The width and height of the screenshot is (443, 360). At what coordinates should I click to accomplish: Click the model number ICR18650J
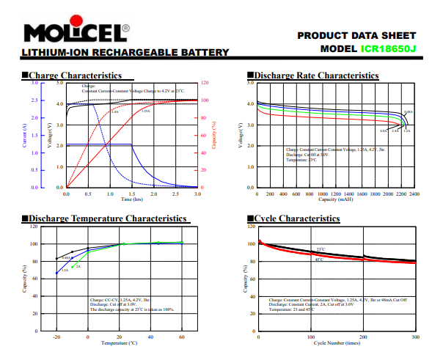click(x=389, y=49)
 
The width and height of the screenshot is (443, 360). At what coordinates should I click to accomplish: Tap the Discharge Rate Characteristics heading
click(x=316, y=76)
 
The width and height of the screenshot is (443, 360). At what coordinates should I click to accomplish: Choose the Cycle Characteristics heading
click(x=296, y=218)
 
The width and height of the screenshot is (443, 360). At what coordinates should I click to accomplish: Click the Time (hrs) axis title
click(x=132, y=199)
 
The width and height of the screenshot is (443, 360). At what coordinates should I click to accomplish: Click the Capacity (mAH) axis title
click(x=336, y=199)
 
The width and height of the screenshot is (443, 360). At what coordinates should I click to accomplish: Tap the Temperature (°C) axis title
click(x=119, y=342)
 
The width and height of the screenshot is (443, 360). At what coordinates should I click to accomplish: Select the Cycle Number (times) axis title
click(x=337, y=342)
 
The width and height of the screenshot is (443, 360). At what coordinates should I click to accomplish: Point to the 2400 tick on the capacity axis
click(x=415, y=194)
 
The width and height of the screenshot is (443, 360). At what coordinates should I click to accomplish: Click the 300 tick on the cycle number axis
click(x=416, y=337)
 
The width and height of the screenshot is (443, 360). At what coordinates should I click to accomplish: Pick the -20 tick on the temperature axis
click(x=56, y=337)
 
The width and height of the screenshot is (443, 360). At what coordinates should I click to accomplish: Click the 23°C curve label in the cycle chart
click(x=320, y=249)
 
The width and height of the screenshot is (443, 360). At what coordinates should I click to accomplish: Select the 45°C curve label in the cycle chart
click(x=319, y=260)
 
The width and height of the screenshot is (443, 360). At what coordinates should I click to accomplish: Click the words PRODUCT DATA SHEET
click(x=357, y=35)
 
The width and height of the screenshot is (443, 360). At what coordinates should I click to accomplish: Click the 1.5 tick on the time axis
click(x=132, y=194)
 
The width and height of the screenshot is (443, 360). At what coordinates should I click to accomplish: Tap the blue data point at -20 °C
click(x=56, y=273)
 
